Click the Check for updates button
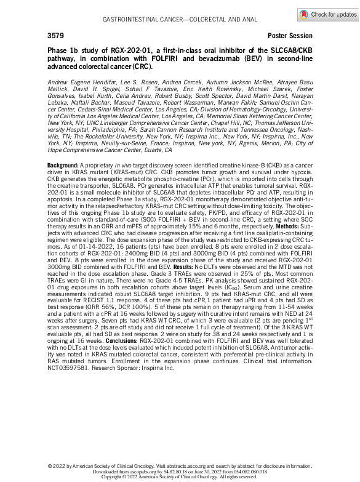click(x=328, y=14)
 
